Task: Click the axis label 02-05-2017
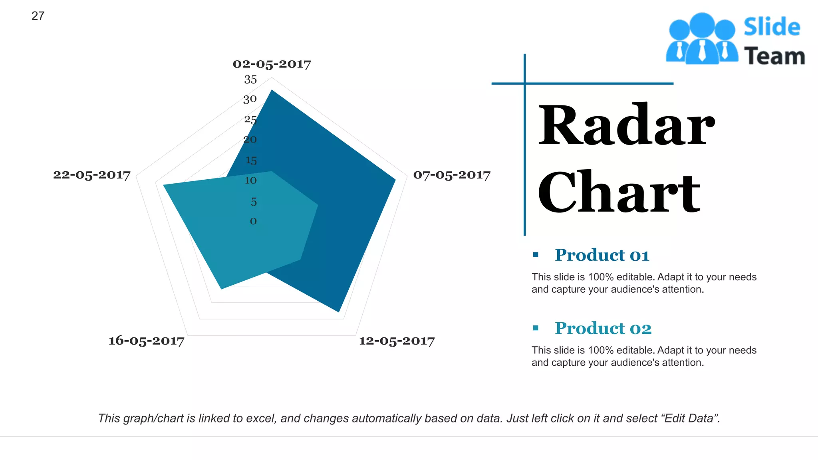(272, 64)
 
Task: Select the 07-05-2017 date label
(451, 175)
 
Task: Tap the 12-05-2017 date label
(397, 341)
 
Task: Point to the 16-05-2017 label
(146, 341)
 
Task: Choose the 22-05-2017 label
(92, 175)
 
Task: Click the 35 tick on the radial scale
(250, 79)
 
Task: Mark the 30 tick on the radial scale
(250, 99)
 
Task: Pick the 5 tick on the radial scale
(254, 202)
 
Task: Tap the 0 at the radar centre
(253, 221)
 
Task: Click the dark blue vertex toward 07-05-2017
(395, 180)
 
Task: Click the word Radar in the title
(626, 125)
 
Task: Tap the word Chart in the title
(619, 192)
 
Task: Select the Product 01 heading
(602, 255)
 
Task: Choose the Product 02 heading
(603, 328)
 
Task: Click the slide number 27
(38, 16)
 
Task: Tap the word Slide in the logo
(772, 27)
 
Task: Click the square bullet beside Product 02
(536, 328)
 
